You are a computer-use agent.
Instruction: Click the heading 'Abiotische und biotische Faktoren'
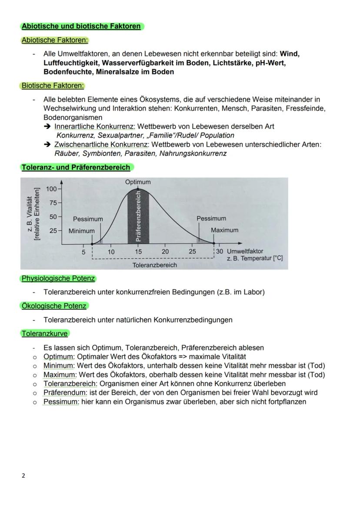click(x=81, y=26)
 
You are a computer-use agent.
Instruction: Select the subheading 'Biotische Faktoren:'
click(x=53, y=86)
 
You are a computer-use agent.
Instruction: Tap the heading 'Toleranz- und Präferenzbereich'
click(x=76, y=167)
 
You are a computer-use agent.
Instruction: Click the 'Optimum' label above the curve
click(x=138, y=182)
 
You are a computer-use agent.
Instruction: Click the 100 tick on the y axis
click(x=53, y=189)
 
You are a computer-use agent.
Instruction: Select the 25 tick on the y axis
click(x=53, y=231)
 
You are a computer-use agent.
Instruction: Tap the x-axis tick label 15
click(x=138, y=252)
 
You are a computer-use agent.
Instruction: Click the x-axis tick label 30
click(x=220, y=252)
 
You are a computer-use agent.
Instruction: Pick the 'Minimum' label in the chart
click(x=81, y=231)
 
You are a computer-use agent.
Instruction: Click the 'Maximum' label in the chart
click(x=224, y=230)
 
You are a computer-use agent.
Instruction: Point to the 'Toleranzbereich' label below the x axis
click(x=155, y=265)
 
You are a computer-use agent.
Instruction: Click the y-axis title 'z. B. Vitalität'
click(x=30, y=214)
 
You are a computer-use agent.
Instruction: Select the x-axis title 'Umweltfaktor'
click(x=245, y=252)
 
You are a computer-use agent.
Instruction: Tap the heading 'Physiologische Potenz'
click(x=58, y=278)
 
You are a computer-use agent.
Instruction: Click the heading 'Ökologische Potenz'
click(x=54, y=306)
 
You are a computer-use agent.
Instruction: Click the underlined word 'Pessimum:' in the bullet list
click(x=61, y=402)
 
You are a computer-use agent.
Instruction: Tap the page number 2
click(x=23, y=476)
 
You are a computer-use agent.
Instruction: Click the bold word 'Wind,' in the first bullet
click(x=290, y=54)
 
